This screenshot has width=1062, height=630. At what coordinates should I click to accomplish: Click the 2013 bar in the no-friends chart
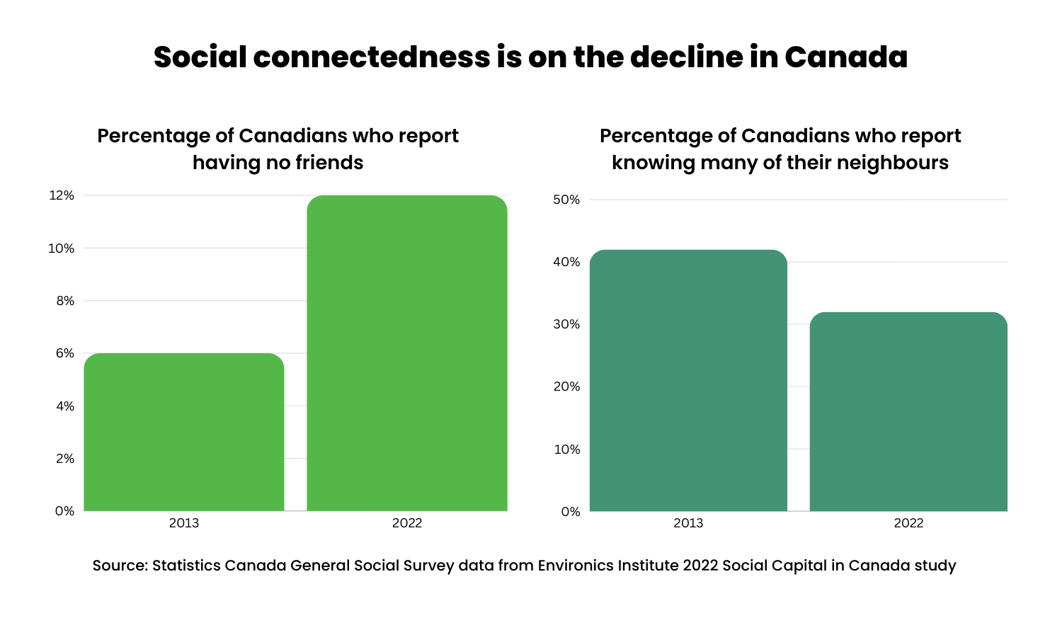[184, 432]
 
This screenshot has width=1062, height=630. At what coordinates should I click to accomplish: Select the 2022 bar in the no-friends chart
[407, 353]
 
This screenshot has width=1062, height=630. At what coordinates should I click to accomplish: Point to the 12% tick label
[61, 195]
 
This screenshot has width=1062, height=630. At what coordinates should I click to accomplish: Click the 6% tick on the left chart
[64, 353]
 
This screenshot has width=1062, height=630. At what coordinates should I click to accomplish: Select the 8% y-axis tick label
[64, 301]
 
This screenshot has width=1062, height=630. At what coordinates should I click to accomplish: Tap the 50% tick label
[566, 200]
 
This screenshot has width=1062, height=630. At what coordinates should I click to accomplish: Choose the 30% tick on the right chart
[566, 324]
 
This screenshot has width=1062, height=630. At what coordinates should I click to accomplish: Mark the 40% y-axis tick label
[566, 262]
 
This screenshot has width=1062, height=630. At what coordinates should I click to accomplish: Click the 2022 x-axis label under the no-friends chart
[407, 523]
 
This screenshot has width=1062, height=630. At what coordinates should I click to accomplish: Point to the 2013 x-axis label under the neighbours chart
[688, 523]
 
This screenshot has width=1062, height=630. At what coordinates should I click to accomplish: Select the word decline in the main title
[687, 57]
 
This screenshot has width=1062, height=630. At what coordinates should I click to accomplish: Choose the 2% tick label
[64, 459]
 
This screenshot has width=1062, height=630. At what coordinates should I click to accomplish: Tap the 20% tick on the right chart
[566, 386]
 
